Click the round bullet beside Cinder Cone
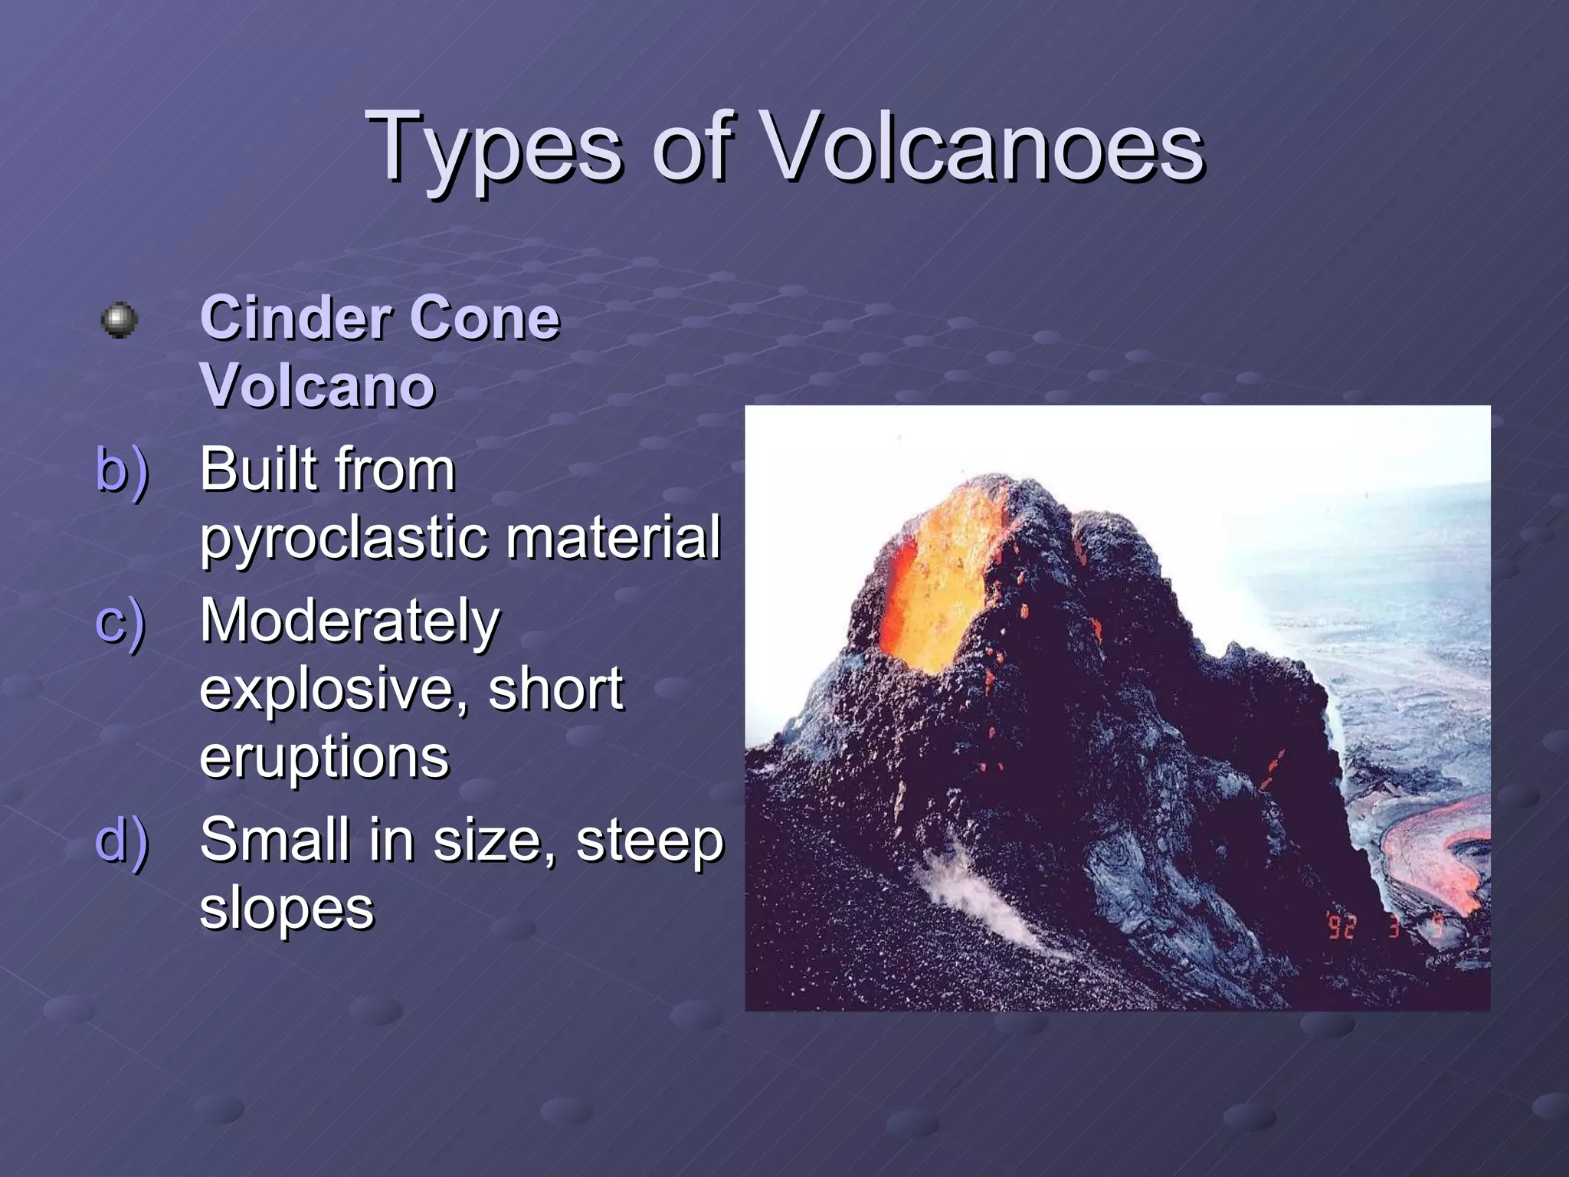coord(120,320)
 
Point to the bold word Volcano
coord(317,385)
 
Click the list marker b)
coord(122,469)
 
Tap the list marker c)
coord(120,621)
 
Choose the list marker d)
coord(122,840)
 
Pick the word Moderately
coord(349,621)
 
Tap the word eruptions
coord(324,757)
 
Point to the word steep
coord(649,840)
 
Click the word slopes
coord(287,909)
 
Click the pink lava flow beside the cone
coord(1425,851)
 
